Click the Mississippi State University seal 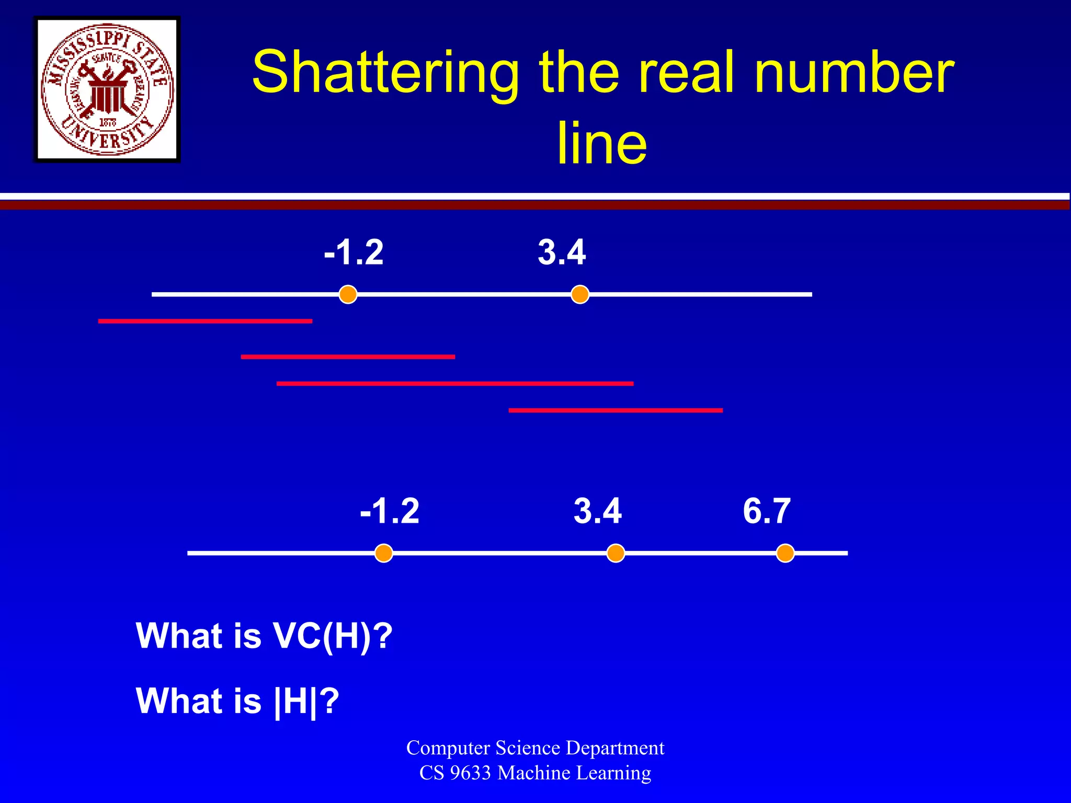pos(107,89)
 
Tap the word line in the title pos(602,143)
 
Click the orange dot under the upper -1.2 pos(348,294)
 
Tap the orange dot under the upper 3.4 pos(580,294)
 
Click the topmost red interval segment pos(205,321)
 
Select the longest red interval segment pos(455,384)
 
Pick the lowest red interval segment pos(616,410)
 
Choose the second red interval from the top pos(348,357)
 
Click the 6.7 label pos(767,511)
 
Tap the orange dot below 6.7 pos(785,553)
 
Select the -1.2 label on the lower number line pos(390,511)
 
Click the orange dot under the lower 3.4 pos(616,553)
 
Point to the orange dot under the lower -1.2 pos(384,553)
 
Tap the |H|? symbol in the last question pos(306,701)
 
